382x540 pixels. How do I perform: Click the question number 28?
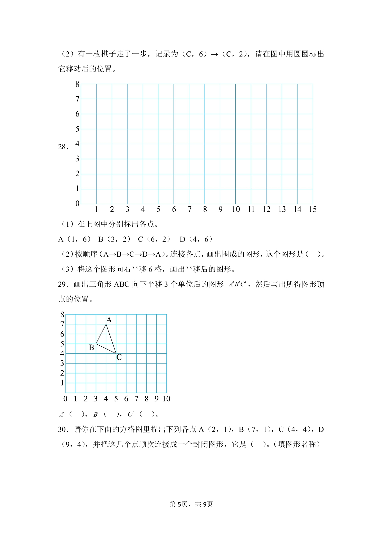tap(63, 147)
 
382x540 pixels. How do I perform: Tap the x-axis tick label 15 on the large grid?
tap(312, 209)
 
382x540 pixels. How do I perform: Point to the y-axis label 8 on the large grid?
tap(77, 84)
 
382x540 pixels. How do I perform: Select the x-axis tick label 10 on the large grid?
tap(236, 209)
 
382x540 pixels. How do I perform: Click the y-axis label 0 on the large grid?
tap(77, 204)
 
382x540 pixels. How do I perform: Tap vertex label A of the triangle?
tap(109, 320)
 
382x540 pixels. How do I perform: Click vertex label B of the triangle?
tap(91, 348)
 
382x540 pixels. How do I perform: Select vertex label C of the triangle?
tap(119, 357)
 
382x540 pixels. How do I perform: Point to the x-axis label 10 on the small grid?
tap(166, 399)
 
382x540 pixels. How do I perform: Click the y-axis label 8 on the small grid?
tap(62, 314)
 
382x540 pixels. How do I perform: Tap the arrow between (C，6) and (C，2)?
tap(214, 54)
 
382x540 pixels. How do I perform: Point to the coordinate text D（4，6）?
tap(196, 239)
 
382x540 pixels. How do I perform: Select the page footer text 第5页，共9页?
tap(191, 504)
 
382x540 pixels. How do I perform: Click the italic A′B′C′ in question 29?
tap(237, 284)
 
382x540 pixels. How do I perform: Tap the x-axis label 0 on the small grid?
tap(65, 399)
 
